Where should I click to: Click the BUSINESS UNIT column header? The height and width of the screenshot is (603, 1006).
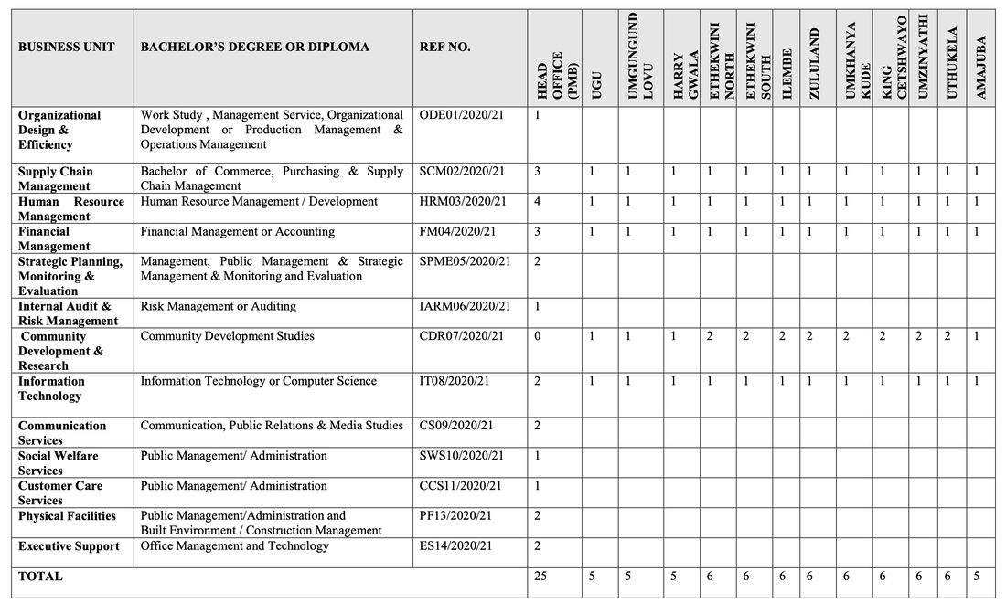[x=67, y=47]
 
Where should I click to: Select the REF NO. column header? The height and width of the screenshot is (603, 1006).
[x=445, y=47]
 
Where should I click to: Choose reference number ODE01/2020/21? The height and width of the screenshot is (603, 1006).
[x=461, y=115]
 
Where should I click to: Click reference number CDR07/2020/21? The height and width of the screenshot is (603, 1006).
[x=461, y=336]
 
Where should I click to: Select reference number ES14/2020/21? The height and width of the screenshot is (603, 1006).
[x=455, y=546]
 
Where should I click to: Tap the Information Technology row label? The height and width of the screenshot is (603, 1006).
[x=51, y=388]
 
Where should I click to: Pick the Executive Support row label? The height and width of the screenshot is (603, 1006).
[x=69, y=546]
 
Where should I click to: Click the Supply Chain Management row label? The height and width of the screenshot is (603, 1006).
[x=56, y=178]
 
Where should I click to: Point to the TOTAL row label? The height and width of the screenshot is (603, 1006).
[x=40, y=577]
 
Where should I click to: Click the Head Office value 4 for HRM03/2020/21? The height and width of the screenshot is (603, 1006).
[x=538, y=201]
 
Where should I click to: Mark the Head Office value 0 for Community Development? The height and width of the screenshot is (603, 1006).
[x=538, y=336]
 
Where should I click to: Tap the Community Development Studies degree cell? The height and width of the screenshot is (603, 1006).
[x=227, y=336]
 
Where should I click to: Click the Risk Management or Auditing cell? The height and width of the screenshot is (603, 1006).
[x=218, y=306]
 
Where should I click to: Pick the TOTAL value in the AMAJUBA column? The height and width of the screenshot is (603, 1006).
[x=977, y=577]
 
